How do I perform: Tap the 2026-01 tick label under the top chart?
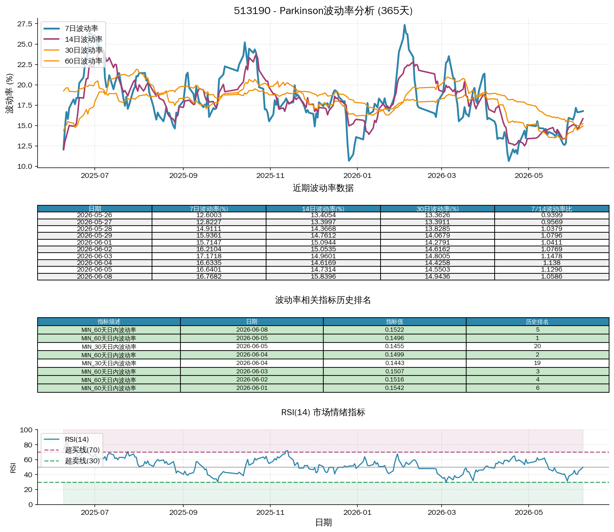coord(357,175)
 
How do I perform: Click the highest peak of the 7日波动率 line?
coord(404,25)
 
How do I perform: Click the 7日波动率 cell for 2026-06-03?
coord(209,256)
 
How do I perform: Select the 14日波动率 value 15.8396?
coord(323,277)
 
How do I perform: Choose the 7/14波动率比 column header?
coord(552,209)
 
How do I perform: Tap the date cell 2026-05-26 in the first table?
coord(95,215)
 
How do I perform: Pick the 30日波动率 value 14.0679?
coord(437,236)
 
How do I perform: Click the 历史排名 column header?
coord(537,322)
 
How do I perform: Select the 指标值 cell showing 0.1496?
coord(395,338)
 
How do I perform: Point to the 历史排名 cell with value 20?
coord(537,346)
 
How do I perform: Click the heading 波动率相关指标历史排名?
coord(323,300)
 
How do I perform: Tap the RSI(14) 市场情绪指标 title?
coord(323,412)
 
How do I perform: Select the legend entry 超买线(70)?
coord(72,450)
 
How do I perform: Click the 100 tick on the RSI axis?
coord(26,430)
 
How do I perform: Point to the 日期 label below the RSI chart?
coord(323,523)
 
